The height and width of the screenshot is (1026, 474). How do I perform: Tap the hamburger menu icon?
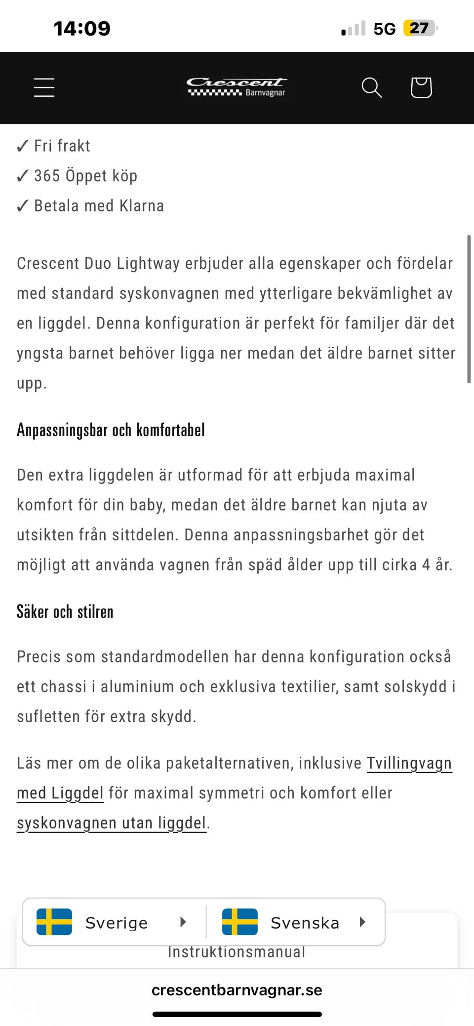[x=44, y=87]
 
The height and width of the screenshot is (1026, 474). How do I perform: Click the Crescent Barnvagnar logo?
[x=237, y=86]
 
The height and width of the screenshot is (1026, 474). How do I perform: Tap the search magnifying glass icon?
[x=371, y=87]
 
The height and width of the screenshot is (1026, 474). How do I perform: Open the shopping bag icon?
[x=421, y=87]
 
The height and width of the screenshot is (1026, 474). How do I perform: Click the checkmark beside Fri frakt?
[x=23, y=146]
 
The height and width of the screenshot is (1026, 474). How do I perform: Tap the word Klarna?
[x=142, y=205]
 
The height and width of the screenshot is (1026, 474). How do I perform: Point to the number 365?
[x=47, y=176]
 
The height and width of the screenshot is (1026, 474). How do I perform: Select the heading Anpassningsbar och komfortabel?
[x=111, y=430]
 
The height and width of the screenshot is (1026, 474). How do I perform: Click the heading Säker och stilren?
[x=65, y=612]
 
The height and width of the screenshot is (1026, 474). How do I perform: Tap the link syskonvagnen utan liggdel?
[x=111, y=823]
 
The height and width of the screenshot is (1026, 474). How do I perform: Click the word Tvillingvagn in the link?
[x=409, y=763]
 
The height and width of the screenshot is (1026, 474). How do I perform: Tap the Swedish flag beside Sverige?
[x=54, y=922]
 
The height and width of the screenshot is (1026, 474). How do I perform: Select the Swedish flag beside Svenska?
[x=240, y=922]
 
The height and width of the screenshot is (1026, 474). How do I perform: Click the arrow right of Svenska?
[x=362, y=922]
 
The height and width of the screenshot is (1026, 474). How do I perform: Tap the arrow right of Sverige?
[x=183, y=922]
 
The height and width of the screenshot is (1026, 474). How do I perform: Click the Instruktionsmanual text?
[x=237, y=952]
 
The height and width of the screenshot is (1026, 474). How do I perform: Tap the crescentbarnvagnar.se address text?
[x=237, y=990]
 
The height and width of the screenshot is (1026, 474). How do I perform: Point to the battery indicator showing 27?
[x=420, y=28]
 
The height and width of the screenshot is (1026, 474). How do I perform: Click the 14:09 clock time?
[x=82, y=28]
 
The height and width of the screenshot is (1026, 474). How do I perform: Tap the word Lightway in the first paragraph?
[x=148, y=263]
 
